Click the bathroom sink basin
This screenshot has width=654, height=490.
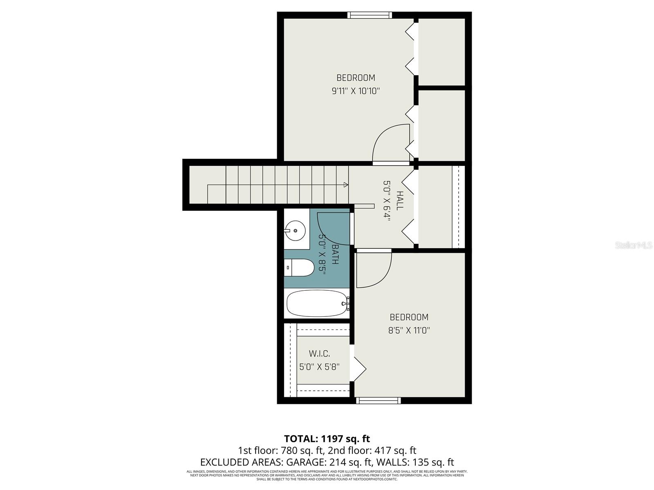point(295,231)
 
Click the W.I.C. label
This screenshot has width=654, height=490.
point(319,354)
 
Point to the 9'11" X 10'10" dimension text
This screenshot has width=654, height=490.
point(356,91)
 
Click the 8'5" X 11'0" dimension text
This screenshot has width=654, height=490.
point(409,330)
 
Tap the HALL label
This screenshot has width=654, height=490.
point(399,200)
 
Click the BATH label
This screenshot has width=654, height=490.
point(335,254)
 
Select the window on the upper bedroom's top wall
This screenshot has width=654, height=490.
point(370,15)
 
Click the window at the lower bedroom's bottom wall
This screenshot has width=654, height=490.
point(378,401)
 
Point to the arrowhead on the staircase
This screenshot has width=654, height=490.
point(346,185)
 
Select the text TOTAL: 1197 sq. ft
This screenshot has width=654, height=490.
point(327,439)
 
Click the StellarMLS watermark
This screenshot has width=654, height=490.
point(633,245)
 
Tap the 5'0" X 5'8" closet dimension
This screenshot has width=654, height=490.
point(319,367)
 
